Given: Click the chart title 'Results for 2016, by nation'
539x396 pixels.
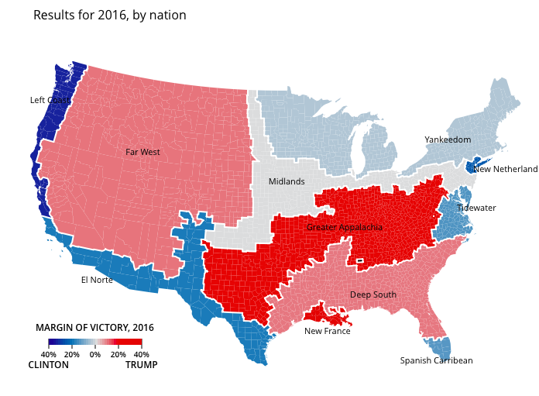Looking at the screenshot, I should tap(110, 15).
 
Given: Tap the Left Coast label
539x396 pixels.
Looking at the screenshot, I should tap(50, 100).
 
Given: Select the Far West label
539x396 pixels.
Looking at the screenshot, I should tap(142, 153).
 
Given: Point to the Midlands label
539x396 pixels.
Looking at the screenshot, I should tap(287, 182).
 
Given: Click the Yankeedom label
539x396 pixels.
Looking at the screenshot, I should tap(448, 140).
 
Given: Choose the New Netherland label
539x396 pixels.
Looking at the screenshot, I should tap(505, 169).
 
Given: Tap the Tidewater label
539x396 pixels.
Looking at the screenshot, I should tap(476, 208).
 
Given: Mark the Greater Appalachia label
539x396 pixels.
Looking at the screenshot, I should tap(345, 228).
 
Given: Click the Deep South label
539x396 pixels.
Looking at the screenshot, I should tap(372, 295).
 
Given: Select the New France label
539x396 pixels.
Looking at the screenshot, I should tap(327, 332).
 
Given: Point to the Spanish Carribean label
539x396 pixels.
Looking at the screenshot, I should tap(436, 361).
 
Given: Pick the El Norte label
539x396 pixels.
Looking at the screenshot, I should tap(97, 280).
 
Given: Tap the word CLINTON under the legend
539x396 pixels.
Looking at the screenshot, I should tap(48, 365).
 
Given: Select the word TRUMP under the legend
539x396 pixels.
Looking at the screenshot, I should tap(141, 365).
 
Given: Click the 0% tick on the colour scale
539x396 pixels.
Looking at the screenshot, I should tap(95, 354).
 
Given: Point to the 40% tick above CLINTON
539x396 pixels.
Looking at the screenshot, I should tap(48, 354).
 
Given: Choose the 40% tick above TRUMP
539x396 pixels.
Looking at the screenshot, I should tap(142, 354).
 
